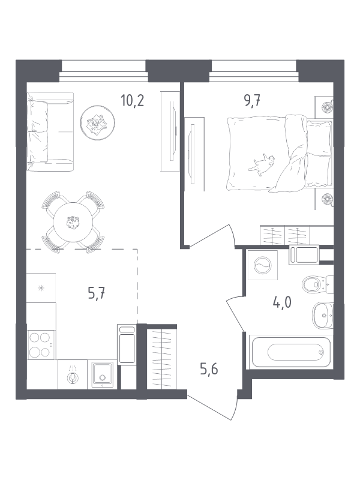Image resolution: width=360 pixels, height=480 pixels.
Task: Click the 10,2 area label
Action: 132,100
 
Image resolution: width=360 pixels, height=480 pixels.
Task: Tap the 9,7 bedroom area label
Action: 252,100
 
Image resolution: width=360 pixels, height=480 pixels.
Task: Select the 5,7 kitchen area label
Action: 97,294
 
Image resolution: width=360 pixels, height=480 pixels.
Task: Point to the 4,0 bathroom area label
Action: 282,302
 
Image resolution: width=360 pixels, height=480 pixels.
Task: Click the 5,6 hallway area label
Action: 209,370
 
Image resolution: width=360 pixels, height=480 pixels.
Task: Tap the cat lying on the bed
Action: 262,164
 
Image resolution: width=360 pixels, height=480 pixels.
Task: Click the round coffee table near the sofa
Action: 97,122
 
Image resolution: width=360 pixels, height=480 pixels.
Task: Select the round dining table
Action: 73,222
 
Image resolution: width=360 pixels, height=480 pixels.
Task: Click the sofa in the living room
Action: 50,131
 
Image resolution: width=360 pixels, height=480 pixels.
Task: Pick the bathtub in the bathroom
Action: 290,352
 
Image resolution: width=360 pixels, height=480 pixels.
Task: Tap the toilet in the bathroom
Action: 317,284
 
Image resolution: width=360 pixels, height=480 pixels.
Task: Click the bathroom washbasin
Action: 323,316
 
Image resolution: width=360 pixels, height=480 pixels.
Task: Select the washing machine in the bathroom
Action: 263,265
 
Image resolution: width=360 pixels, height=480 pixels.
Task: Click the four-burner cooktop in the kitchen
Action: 41,344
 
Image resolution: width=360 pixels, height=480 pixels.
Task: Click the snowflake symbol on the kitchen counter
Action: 41,288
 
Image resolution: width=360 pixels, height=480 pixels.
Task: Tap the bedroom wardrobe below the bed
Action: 296,235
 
